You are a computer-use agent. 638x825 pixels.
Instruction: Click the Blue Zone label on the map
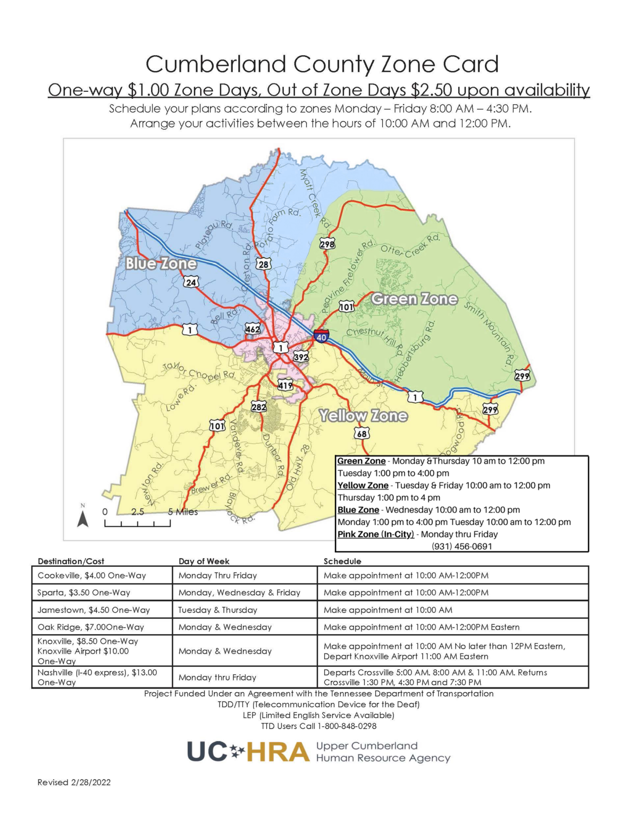pos(161,263)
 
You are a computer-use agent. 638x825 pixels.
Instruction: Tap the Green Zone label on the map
pos(414,299)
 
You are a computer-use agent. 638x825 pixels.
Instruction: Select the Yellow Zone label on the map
pos(363,416)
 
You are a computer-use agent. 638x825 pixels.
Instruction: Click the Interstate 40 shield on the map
pos(321,337)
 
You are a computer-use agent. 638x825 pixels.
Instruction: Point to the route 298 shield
pos(327,244)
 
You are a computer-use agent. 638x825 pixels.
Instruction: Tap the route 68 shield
pos(362,433)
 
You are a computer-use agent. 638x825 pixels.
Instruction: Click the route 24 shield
pos(190,282)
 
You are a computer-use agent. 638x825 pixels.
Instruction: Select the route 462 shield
pos(253,329)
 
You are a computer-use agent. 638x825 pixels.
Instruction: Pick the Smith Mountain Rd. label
pos(489,334)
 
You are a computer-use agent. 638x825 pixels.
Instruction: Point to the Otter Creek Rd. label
pos(410,245)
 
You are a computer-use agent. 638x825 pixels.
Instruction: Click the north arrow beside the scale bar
pos(82,517)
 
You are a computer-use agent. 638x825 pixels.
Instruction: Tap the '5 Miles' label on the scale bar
pos(183,512)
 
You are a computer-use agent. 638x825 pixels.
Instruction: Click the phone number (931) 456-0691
pos(461,546)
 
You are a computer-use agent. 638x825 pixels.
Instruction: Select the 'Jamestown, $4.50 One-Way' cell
pos(94,610)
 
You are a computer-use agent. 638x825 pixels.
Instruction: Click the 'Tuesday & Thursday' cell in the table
pos(217,610)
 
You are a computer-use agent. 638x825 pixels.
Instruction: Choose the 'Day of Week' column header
pos(204,561)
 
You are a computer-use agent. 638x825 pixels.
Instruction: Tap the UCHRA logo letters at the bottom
pos(248,752)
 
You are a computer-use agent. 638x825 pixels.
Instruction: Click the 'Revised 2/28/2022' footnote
pos(74,782)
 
